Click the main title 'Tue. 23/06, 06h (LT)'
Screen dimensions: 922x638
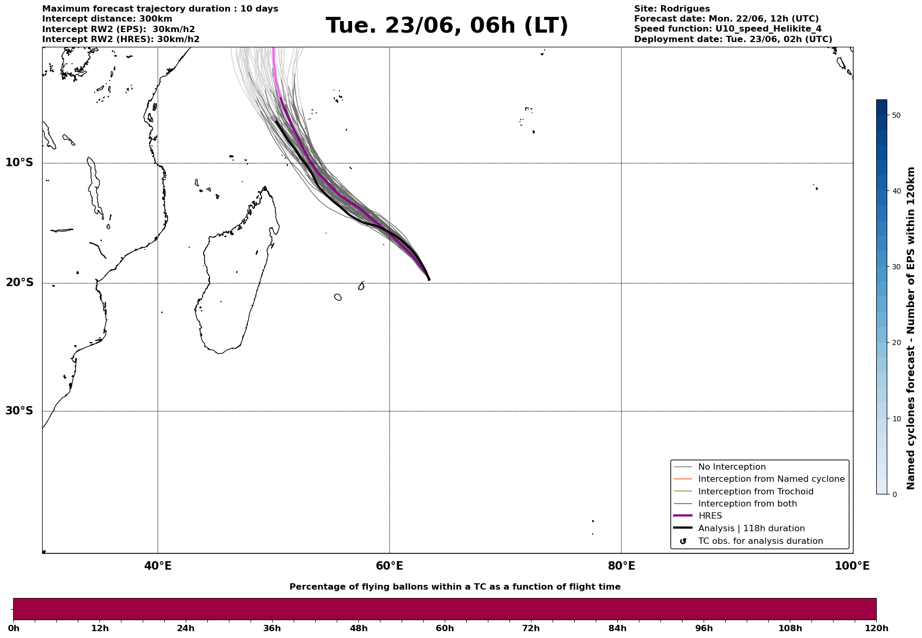coord(447,26)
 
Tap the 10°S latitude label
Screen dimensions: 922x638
coord(19,163)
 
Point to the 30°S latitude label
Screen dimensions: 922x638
coord(19,411)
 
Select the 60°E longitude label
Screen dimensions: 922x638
coord(389,566)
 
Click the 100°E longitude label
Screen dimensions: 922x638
coord(852,566)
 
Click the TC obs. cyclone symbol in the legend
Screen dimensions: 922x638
coord(683,541)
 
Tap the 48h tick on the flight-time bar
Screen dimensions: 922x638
coord(359,629)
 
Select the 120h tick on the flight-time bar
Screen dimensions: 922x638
coord(876,629)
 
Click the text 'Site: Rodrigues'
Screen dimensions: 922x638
coord(672,9)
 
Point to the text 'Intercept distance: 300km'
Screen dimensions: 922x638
coord(107,19)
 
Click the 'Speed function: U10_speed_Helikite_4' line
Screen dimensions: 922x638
coord(728,29)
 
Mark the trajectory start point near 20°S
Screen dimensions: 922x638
coord(429,279)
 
